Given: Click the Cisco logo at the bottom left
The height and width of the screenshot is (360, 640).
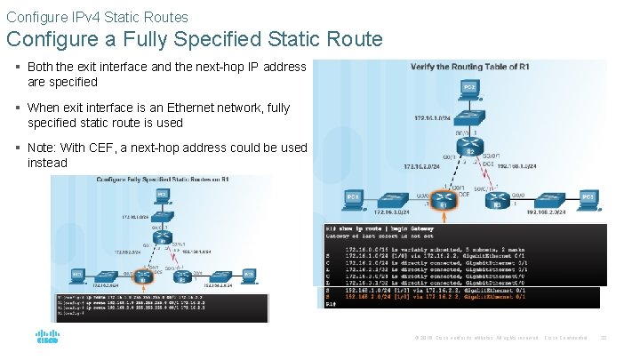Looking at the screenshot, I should point(47,338).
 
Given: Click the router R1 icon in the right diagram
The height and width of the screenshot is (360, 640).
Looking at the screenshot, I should point(444,204).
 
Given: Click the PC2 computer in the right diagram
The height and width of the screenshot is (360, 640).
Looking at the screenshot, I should point(471,89).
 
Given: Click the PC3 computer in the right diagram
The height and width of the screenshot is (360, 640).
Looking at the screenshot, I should point(588,197).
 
